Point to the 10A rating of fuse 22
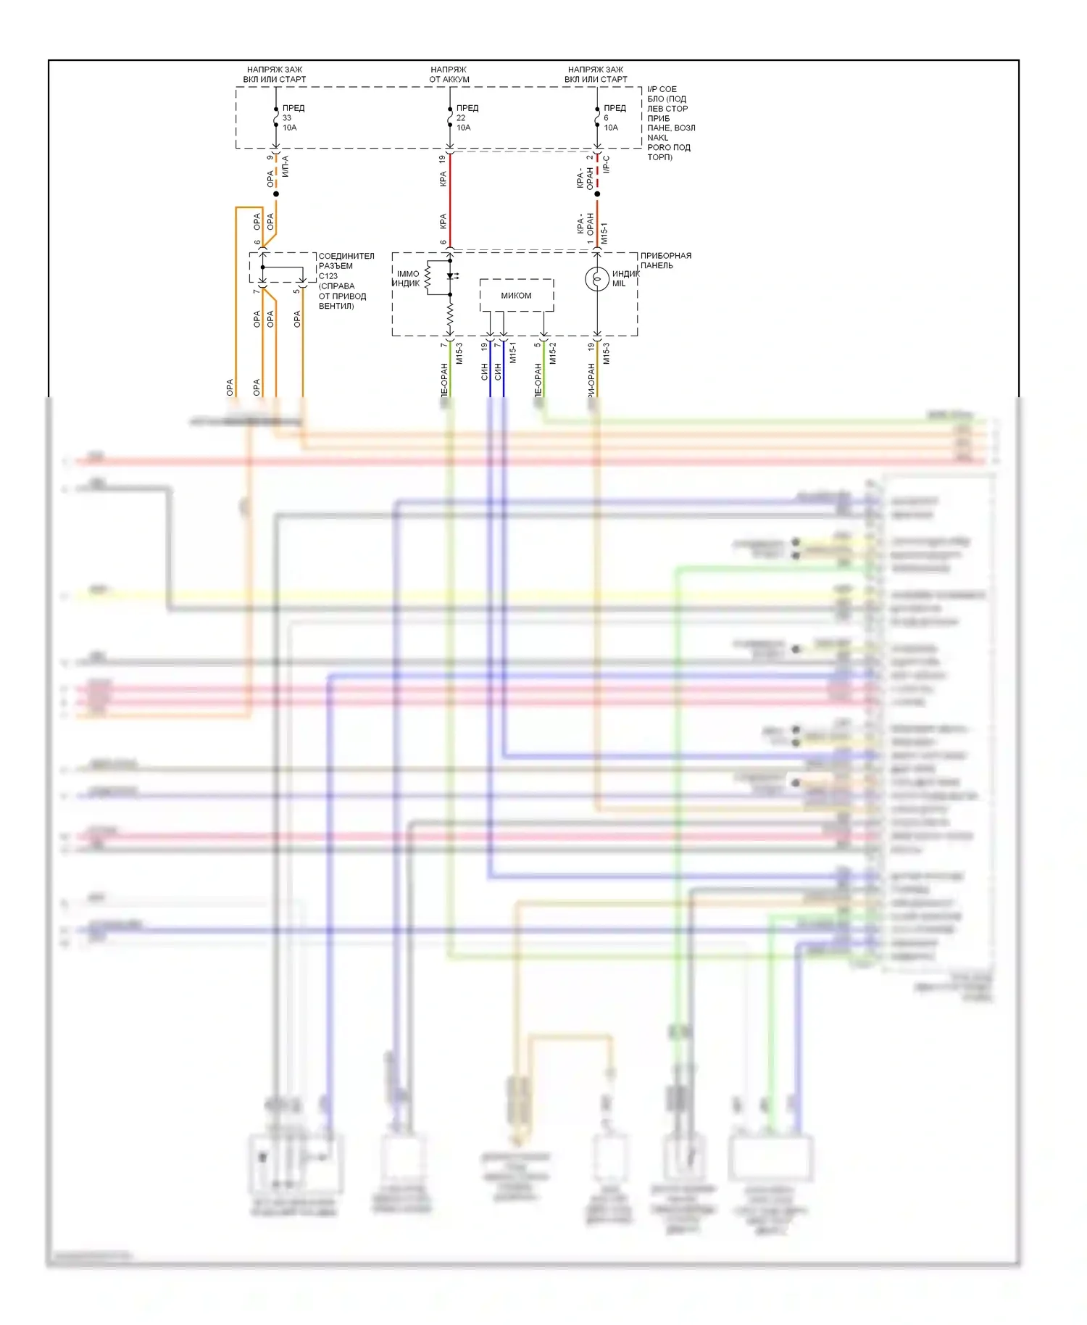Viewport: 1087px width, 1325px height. tap(463, 128)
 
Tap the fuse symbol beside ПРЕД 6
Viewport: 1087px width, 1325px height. tap(597, 117)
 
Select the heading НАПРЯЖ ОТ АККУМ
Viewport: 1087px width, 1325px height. tap(449, 75)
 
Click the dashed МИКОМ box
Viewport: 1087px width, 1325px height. tap(517, 295)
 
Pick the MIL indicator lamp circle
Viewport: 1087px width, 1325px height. tap(597, 279)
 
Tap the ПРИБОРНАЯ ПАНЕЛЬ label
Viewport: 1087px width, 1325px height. tap(665, 260)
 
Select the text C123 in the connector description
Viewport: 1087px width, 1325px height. tap(328, 276)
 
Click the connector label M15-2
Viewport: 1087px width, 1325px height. tap(553, 353)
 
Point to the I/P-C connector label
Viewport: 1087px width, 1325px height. tap(607, 164)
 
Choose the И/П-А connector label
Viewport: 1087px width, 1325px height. tap(285, 166)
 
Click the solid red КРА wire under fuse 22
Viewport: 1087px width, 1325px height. tap(450, 203)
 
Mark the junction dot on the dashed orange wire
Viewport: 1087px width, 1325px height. tap(276, 194)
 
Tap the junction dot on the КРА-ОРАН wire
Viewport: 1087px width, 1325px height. tap(597, 194)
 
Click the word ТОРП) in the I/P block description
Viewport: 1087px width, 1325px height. tap(659, 157)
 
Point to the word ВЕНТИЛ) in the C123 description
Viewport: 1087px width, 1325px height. tap(336, 306)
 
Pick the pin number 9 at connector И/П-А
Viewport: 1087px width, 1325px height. tap(270, 157)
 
